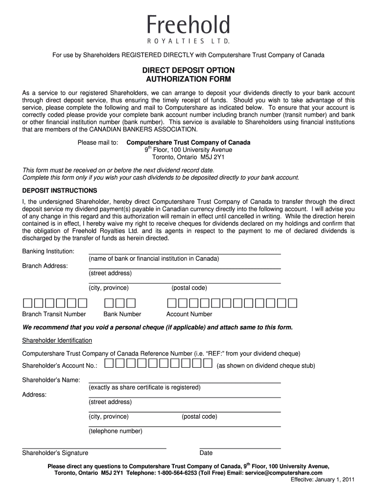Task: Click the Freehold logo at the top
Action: point(188,29)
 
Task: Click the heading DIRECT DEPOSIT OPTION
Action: point(188,70)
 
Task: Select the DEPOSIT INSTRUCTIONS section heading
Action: point(60,190)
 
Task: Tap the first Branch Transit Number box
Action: point(27,302)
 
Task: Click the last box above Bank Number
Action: point(131,302)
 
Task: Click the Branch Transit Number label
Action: point(54,314)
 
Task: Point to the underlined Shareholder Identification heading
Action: point(57,340)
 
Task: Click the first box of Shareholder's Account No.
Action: point(109,363)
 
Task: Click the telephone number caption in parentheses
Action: point(116,431)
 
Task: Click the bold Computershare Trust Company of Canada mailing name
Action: point(188,143)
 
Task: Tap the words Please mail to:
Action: point(98,143)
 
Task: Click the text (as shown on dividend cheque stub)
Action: point(266,366)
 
